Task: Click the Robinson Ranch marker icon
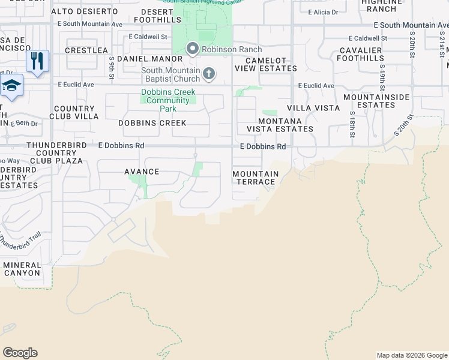click(x=193, y=48)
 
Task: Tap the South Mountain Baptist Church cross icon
click(x=209, y=74)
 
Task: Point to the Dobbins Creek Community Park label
click(x=168, y=101)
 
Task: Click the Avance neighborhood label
click(x=142, y=172)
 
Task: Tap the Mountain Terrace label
click(x=256, y=178)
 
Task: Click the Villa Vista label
click(x=313, y=108)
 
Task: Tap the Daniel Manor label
click(x=149, y=59)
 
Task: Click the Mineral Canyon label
click(x=22, y=269)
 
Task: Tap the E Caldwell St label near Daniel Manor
click(x=149, y=37)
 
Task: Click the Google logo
click(x=20, y=353)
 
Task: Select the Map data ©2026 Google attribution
click(x=412, y=355)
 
